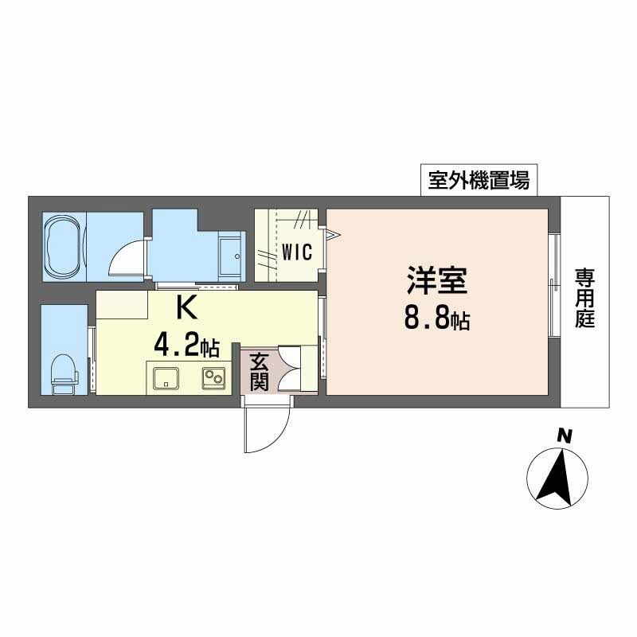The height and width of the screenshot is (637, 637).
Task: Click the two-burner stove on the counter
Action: [x=213, y=377]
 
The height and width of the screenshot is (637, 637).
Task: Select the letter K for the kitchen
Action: [x=185, y=306]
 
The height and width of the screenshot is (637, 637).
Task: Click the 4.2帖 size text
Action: [x=186, y=346]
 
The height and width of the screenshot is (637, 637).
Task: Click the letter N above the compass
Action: [x=564, y=436]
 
